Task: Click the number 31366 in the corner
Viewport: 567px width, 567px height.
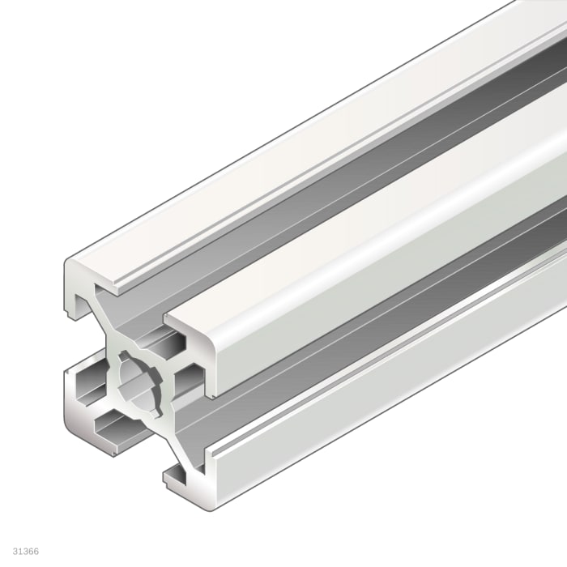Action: [25, 551]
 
